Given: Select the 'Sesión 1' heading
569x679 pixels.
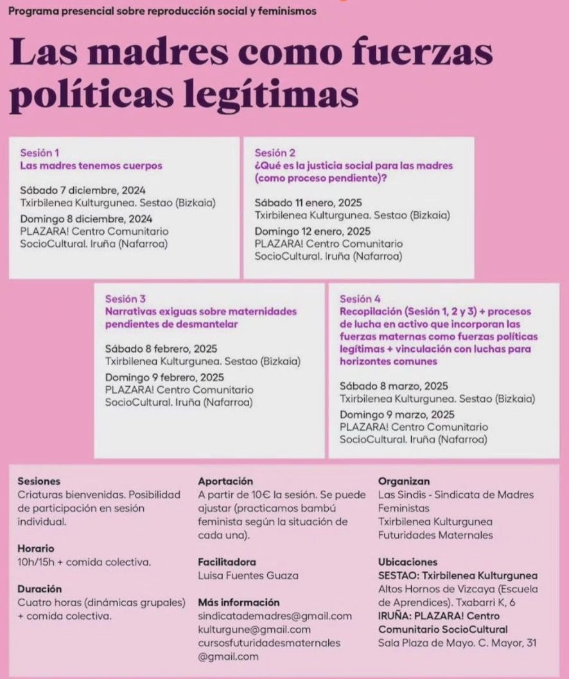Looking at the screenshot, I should click(40, 152).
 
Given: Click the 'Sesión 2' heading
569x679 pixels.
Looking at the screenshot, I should click(275, 152).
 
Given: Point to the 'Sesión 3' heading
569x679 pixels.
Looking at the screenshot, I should click(125, 298).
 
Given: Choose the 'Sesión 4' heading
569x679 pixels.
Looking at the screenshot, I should click(360, 298).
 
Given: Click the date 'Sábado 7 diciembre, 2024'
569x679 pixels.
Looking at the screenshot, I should click(83, 190).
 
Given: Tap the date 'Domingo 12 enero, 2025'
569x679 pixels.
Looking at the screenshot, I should click(313, 231).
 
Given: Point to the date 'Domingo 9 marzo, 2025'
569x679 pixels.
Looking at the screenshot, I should click(397, 414).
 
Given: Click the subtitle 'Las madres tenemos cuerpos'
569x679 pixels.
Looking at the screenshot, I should click(91, 165).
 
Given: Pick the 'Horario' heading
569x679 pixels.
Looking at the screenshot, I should click(36, 548).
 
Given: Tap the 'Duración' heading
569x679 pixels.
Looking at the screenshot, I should click(40, 588).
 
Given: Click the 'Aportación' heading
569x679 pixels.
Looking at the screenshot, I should click(225, 481).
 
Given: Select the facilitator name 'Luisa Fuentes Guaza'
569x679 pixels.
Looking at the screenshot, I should click(248, 575).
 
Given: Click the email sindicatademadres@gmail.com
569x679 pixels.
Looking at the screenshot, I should click(275, 616).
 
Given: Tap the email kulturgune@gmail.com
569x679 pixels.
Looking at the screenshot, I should click(254, 629).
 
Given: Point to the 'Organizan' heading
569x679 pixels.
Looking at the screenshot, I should click(404, 481).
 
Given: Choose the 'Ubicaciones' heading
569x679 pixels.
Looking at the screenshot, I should click(408, 561).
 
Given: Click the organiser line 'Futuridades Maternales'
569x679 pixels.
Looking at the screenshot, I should click(435, 534).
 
